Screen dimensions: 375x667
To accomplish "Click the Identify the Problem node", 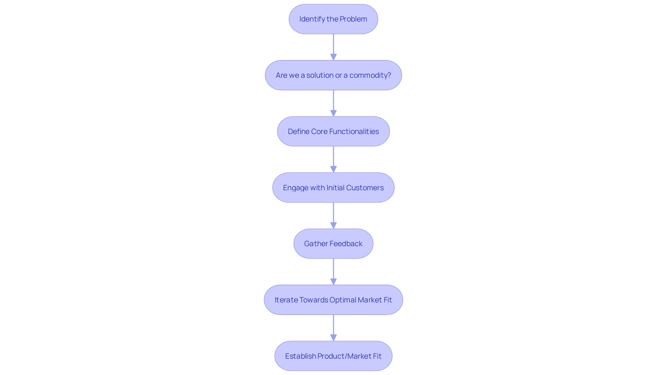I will coord(333,19).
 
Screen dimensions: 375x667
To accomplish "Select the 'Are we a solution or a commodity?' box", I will coord(333,75).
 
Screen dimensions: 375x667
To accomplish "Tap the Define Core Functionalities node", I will coord(333,132).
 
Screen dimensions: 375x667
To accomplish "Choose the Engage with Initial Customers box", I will coord(333,188).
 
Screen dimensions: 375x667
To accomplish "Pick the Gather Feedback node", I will coord(333,244).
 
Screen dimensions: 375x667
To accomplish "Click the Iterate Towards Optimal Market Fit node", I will coord(333,300).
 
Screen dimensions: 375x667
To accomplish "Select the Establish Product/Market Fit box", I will coord(333,356).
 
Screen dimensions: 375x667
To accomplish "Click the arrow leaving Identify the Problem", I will coord(333,47).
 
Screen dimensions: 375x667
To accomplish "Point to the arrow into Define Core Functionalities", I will coord(333,103).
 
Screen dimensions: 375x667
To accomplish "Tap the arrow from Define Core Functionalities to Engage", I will coord(333,159).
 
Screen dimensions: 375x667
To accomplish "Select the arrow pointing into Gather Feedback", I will coord(333,215).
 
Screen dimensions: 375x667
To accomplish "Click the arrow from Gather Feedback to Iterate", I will coord(333,272).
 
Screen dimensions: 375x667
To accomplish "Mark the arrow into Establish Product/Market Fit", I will coord(333,328).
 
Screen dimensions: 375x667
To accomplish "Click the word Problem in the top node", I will coord(353,19).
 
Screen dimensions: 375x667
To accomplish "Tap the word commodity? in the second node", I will coord(370,75).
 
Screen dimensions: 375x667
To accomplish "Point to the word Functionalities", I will coord(354,132).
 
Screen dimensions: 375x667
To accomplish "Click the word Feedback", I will coord(346,244).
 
